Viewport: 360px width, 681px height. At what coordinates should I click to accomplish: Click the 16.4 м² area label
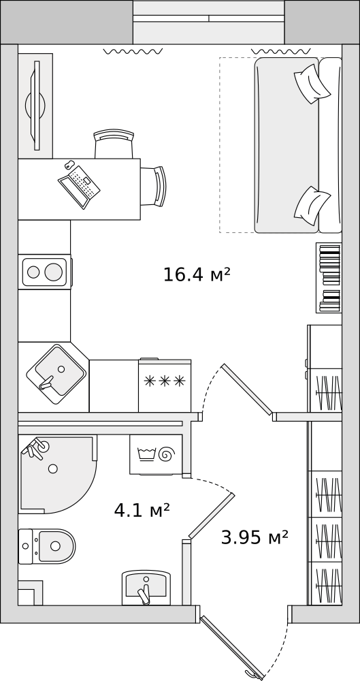pos(196,274)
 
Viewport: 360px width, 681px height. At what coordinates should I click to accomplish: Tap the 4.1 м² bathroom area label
pos(142,510)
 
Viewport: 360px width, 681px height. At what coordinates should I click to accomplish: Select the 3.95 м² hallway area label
pos(255,538)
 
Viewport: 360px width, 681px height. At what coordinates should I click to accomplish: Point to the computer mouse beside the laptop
pos(69,165)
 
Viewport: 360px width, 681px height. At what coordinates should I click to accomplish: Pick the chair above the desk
pos(114,144)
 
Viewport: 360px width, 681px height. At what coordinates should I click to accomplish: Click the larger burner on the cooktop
pos(53,272)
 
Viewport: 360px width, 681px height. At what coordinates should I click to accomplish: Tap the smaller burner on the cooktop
pos(33,272)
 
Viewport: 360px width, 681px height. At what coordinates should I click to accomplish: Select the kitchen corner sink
pos(56,374)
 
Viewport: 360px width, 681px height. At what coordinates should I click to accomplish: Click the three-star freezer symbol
pos(165,381)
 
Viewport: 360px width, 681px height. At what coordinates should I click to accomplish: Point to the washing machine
pos(156,454)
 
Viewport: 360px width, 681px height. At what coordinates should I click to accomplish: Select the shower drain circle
pos(53,469)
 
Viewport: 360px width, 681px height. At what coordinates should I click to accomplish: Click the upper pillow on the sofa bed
pos(312,84)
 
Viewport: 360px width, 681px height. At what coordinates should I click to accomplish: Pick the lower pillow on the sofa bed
pos(312,206)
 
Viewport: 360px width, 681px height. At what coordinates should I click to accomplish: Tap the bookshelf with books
pos(329,278)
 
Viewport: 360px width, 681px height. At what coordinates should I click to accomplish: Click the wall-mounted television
pos(35,106)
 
